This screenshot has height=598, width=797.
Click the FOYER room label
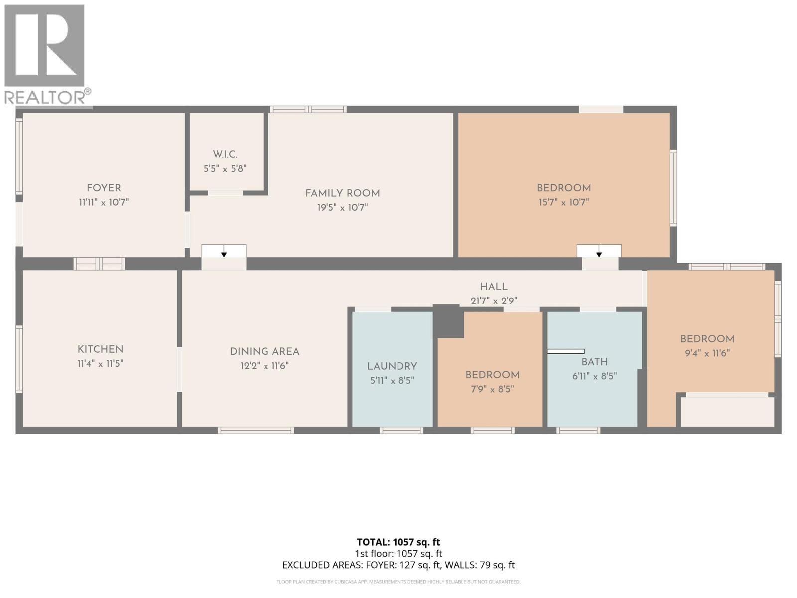pyautogui.click(x=104, y=188)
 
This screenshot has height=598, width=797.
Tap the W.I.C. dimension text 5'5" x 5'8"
pyautogui.click(x=225, y=169)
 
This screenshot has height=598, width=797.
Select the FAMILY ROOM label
pyautogui.click(x=342, y=193)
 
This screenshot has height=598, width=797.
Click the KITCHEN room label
pyautogui.click(x=100, y=349)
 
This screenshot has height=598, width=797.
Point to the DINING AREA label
pyautogui.click(x=265, y=352)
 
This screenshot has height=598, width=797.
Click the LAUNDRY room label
pyautogui.click(x=392, y=366)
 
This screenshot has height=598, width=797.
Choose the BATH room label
pyautogui.click(x=594, y=362)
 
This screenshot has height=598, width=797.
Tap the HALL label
pyautogui.click(x=494, y=287)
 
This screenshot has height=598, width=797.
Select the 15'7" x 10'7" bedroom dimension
pyautogui.click(x=563, y=202)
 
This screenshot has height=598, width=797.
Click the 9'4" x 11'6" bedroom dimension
pyautogui.click(x=707, y=353)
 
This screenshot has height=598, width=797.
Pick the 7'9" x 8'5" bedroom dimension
pyautogui.click(x=492, y=389)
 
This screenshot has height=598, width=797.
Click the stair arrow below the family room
pyautogui.click(x=224, y=251)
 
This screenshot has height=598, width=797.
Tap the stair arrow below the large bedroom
pyautogui.click(x=599, y=251)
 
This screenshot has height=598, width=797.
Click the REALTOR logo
pyautogui.click(x=46, y=55)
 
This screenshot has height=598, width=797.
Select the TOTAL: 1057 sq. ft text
pyautogui.click(x=398, y=542)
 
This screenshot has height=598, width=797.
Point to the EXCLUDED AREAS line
pyautogui.click(x=398, y=565)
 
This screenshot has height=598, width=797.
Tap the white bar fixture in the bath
pyautogui.click(x=566, y=351)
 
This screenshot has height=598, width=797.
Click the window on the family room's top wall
pyautogui.click(x=308, y=109)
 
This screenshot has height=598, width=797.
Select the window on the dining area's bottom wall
pyautogui.click(x=256, y=430)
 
